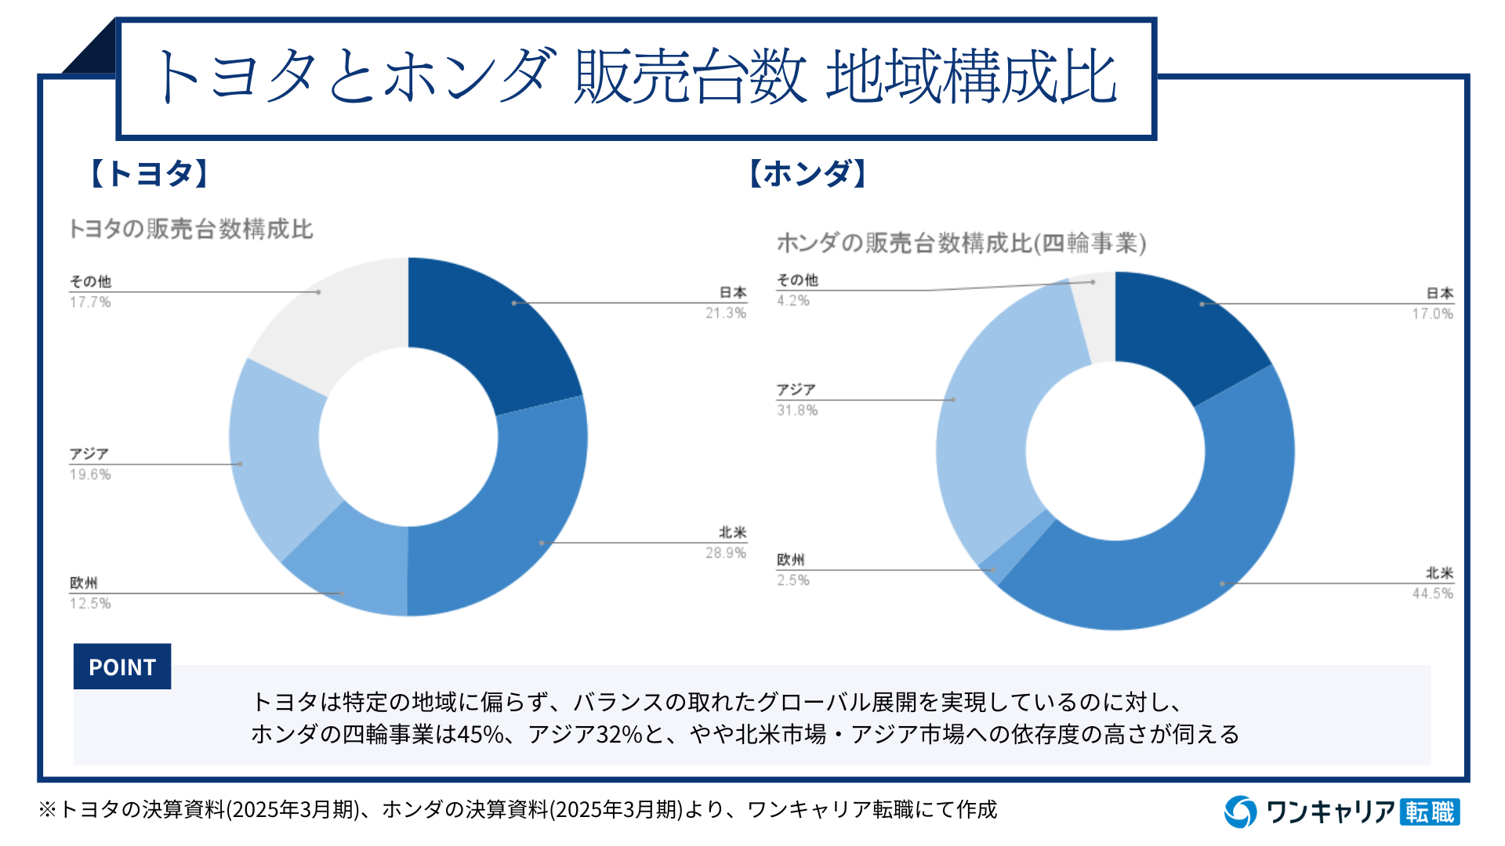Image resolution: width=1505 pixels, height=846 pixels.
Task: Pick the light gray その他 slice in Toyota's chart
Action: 329,321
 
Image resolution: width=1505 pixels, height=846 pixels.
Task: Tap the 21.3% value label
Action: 725,313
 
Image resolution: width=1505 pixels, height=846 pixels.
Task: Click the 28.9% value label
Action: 725,553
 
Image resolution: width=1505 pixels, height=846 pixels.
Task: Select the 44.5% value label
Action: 1432,594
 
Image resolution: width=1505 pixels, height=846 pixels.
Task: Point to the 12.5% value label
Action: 90,604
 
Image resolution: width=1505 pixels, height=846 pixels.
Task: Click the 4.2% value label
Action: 792,301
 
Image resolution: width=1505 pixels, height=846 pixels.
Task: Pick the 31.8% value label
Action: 796,410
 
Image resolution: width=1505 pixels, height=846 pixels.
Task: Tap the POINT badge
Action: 122,667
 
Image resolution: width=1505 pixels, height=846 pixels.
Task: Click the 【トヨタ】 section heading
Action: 149,173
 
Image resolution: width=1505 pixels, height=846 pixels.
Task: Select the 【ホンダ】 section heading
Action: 807,173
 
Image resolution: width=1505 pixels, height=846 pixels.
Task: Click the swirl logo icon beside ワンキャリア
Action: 1241,812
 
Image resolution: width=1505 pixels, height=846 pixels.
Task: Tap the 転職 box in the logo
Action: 1430,812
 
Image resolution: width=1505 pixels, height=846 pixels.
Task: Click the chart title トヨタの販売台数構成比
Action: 190,230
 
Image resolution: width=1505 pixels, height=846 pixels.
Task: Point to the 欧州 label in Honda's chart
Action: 790,560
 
